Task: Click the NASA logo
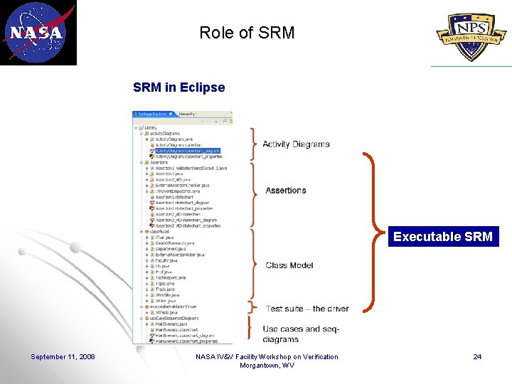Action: [38, 33]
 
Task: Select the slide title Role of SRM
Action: [247, 33]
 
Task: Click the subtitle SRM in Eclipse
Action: [178, 88]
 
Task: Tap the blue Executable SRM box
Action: [442, 237]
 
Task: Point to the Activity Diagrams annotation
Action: [296, 144]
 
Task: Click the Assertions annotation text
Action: [286, 191]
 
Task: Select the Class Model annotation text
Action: [289, 265]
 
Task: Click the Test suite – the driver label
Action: [307, 309]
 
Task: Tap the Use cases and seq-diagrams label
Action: [302, 334]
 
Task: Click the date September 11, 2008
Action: [63, 356]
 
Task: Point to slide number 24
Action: [477, 356]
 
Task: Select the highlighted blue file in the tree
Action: [188, 151]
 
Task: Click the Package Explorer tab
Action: [152, 114]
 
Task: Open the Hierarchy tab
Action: [187, 114]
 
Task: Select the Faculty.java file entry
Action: [161, 260]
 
